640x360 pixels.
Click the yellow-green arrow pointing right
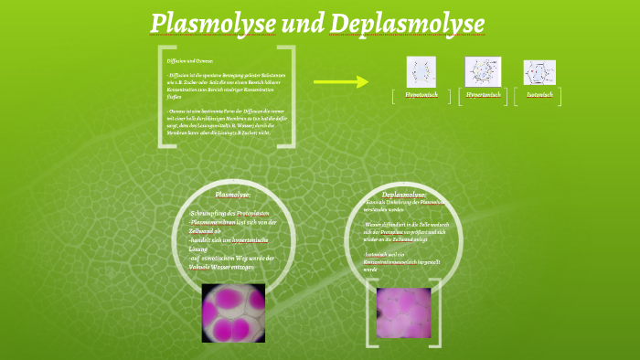[x=340, y=81]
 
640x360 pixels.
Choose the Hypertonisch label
[x=483, y=94]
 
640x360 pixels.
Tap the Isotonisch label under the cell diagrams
[x=539, y=94]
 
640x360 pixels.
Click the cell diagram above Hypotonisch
[x=421, y=71]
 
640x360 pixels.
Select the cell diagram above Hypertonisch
[x=483, y=70]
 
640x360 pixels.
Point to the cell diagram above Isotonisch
[x=539, y=72]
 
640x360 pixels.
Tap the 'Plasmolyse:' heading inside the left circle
[x=232, y=195]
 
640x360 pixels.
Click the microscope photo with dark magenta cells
[x=233, y=313]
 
